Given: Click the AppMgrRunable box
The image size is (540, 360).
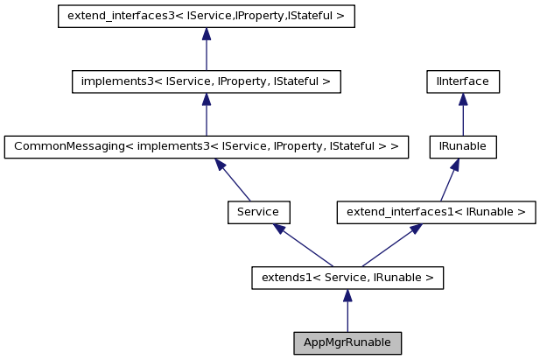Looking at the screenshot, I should coord(347,342).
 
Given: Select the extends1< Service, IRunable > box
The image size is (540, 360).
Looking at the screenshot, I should coord(347,278).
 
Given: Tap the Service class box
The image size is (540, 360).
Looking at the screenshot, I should coord(258,212).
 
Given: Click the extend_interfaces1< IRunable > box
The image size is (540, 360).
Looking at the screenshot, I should coord(436,212).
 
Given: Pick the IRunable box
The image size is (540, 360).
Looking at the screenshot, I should coord(463,146).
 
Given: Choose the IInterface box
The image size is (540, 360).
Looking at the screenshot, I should coord(463,81).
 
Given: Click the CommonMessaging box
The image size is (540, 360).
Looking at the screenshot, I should coord(206,146).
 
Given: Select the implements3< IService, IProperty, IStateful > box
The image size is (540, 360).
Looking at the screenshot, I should coord(206,81).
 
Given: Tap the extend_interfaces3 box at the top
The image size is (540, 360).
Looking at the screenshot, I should coord(206,17).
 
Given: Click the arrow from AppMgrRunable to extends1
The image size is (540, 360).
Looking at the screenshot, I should coord(347,310).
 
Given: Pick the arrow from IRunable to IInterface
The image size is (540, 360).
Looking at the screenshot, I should coord(463,114).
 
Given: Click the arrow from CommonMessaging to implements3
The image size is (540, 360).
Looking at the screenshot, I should coord(206,114).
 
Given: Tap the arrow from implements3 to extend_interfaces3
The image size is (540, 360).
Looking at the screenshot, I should coord(206,49).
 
